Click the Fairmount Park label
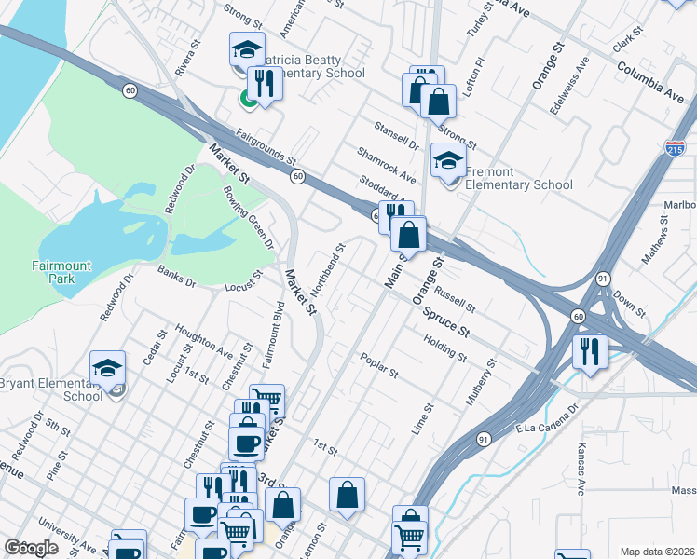pos(61,272)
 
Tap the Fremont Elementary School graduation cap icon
pos(448,160)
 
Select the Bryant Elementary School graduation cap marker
pos(107,367)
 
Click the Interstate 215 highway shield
pos(676,148)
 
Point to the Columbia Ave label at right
pos(650,81)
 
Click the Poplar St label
pos(379,365)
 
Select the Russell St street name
pos(458,299)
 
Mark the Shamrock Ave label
pos(386,164)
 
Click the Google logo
pos(32,548)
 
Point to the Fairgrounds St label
pos(266,147)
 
